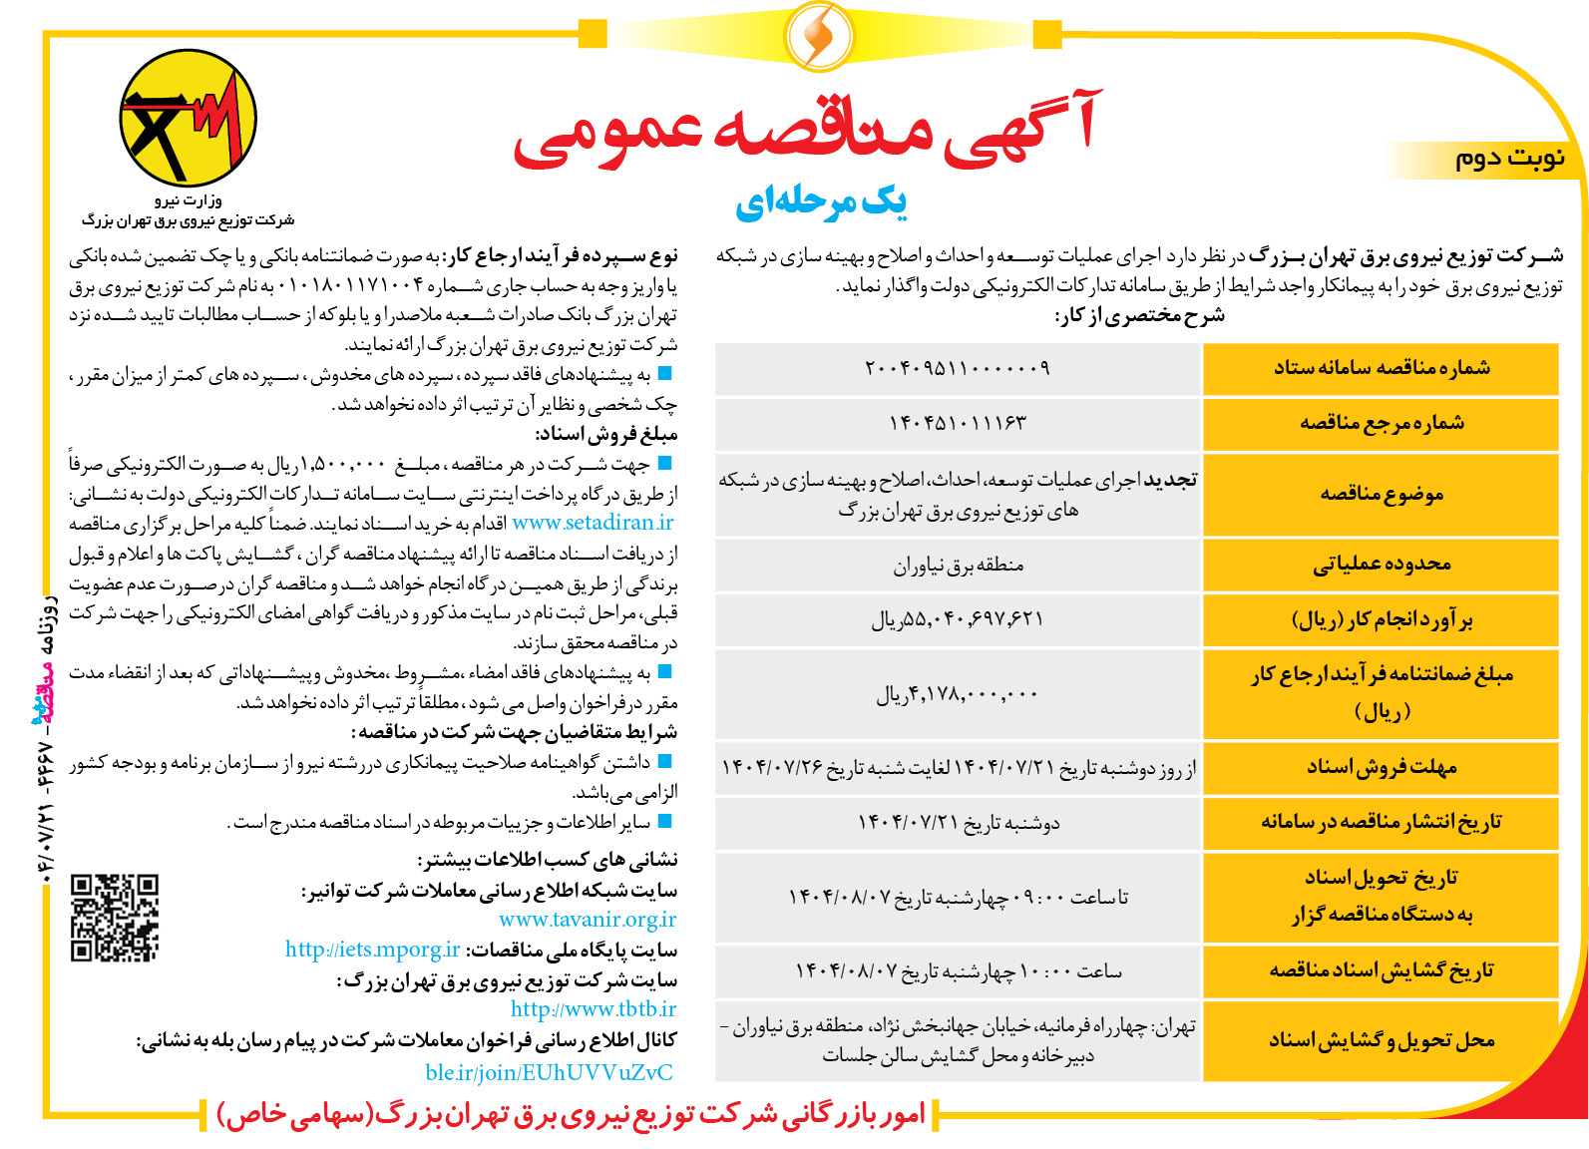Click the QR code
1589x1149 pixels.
[114, 918]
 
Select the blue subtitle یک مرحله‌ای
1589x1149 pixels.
[820, 202]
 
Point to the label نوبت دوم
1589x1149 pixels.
[1508, 159]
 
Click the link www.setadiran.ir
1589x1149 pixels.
[593, 523]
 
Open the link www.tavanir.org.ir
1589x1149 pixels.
[588, 920]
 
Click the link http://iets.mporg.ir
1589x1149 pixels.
[372, 950]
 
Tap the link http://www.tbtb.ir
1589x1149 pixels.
[594, 1009]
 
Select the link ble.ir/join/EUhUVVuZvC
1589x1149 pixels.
[549, 1072]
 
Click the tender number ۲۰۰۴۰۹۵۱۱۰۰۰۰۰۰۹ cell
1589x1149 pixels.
[957, 368]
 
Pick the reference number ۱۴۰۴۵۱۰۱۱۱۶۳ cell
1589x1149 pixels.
[957, 423]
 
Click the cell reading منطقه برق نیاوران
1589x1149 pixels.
[958, 566]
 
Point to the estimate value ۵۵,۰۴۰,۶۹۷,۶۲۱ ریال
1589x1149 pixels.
[957, 620]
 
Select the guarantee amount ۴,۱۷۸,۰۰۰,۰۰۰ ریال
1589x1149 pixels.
[957, 694]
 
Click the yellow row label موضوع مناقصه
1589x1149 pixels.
[1381, 495]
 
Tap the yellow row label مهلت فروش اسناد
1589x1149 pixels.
[1381, 767]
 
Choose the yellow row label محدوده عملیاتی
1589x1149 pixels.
[1381, 566]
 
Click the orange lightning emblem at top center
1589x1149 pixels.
[819, 36]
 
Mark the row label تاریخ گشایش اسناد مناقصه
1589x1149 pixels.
[1381, 970]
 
